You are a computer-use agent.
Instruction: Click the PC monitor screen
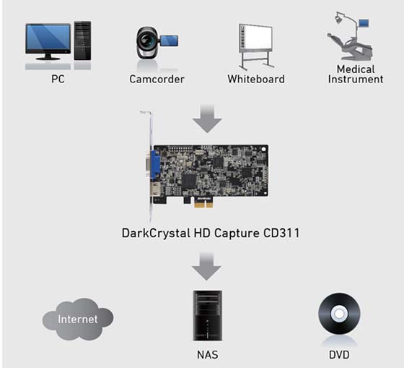click(x=48, y=37)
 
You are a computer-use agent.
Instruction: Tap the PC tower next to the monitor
click(x=82, y=40)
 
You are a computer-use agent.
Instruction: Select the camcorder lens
click(x=147, y=40)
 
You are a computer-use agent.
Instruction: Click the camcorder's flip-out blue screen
click(x=169, y=41)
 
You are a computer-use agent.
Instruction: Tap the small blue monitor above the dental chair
click(x=364, y=23)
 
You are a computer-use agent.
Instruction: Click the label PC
click(x=58, y=79)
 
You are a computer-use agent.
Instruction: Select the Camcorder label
click(x=157, y=79)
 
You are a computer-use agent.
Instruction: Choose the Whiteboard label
click(x=256, y=79)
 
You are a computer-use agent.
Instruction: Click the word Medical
click(x=356, y=69)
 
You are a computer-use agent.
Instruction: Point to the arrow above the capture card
click(x=207, y=119)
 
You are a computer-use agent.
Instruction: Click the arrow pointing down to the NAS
click(x=206, y=266)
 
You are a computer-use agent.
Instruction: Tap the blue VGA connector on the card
click(x=155, y=165)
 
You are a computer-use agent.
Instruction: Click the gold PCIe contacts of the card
click(x=203, y=205)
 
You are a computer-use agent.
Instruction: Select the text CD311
click(x=281, y=233)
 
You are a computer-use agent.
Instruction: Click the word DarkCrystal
click(x=156, y=234)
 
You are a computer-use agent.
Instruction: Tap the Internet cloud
click(x=78, y=319)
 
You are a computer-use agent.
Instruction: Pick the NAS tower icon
click(x=208, y=315)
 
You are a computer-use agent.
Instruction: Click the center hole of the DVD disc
click(x=339, y=314)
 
